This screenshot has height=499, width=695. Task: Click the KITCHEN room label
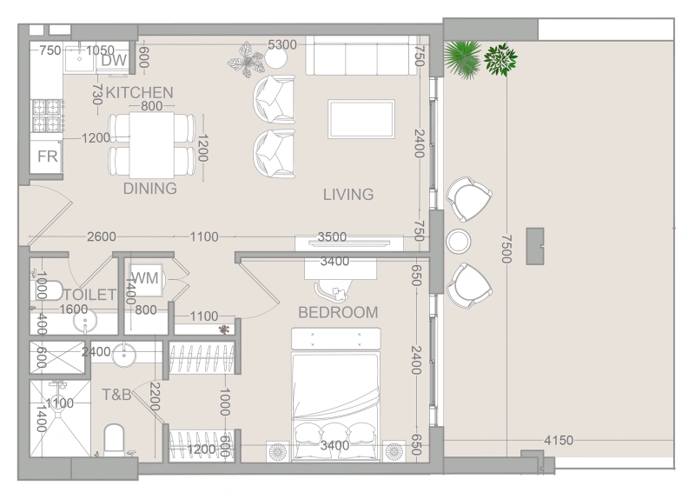point(139,93)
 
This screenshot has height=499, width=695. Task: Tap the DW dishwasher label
point(114,60)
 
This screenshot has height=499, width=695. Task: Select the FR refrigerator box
point(47,156)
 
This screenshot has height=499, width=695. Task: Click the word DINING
point(149,189)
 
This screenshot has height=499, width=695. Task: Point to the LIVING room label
point(348,194)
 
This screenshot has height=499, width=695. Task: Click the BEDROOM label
point(338,312)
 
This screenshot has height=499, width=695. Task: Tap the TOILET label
point(90,295)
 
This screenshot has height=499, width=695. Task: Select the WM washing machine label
point(145,278)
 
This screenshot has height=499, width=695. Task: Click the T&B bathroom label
point(116,395)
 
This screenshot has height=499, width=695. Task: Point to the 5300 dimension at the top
point(282,45)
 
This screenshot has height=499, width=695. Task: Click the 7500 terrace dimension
point(506,249)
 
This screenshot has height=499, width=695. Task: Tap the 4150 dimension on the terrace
point(559,441)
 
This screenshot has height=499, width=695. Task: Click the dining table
point(151,145)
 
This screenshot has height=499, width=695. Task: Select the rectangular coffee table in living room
point(361,119)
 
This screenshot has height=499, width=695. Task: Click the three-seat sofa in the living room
point(361,56)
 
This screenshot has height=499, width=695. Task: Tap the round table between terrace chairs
point(459,242)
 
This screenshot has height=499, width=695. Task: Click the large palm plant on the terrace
point(463,59)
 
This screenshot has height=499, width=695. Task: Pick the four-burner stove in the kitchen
point(46,116)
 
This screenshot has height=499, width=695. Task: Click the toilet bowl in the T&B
point(114,438)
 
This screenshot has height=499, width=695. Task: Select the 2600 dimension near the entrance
point(102,236)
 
